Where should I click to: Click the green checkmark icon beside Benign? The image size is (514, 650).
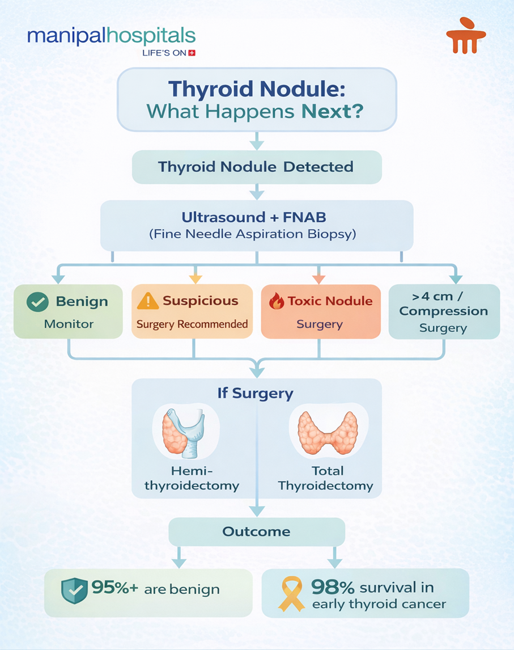click(37, 302)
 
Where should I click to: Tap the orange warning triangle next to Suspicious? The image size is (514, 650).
click(147, 301)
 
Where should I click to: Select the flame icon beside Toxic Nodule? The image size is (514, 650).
click(276, 301)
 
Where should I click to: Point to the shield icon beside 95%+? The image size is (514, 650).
click(74, 590)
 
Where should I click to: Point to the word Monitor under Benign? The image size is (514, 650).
click(69, 324)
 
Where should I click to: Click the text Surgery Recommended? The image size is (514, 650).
click(192, 324)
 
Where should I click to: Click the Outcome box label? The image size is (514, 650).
click(256, 532)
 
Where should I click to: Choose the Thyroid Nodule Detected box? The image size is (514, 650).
click(256, 167)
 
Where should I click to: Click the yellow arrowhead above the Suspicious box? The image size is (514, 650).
click(194, 279)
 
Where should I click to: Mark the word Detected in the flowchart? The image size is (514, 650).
click(318, 167)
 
